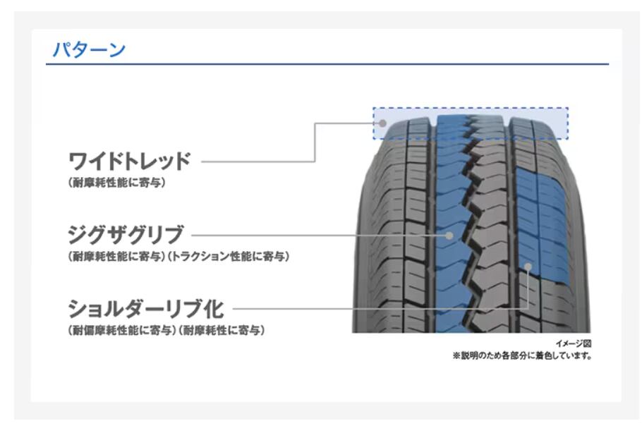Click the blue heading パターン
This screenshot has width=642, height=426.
tap(89, 49)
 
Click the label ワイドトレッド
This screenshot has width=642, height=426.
tap(129, 161)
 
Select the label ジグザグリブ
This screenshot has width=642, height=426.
tap(126, 235)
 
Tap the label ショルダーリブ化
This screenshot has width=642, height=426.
tap(146, 309)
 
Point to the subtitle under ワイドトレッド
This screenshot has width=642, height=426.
tap(117, 183)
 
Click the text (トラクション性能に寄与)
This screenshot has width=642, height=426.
tap(229, 257)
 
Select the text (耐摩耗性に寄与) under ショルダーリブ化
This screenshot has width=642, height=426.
tap(221, 330)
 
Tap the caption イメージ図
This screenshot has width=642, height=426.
tap(573, 343)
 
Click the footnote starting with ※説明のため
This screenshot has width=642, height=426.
tap(522, 355)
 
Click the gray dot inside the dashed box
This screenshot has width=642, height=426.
tap(383, 123)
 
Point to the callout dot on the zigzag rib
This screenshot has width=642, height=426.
tap(449, 236)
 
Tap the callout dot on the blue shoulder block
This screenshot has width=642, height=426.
tap(528, 267)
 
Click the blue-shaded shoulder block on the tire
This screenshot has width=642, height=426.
tap(540, 225)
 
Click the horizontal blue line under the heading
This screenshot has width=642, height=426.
tap(327, 64)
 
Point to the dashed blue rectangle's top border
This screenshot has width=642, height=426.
tap(471, 108)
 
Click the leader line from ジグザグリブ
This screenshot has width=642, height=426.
tap(319, 236)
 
